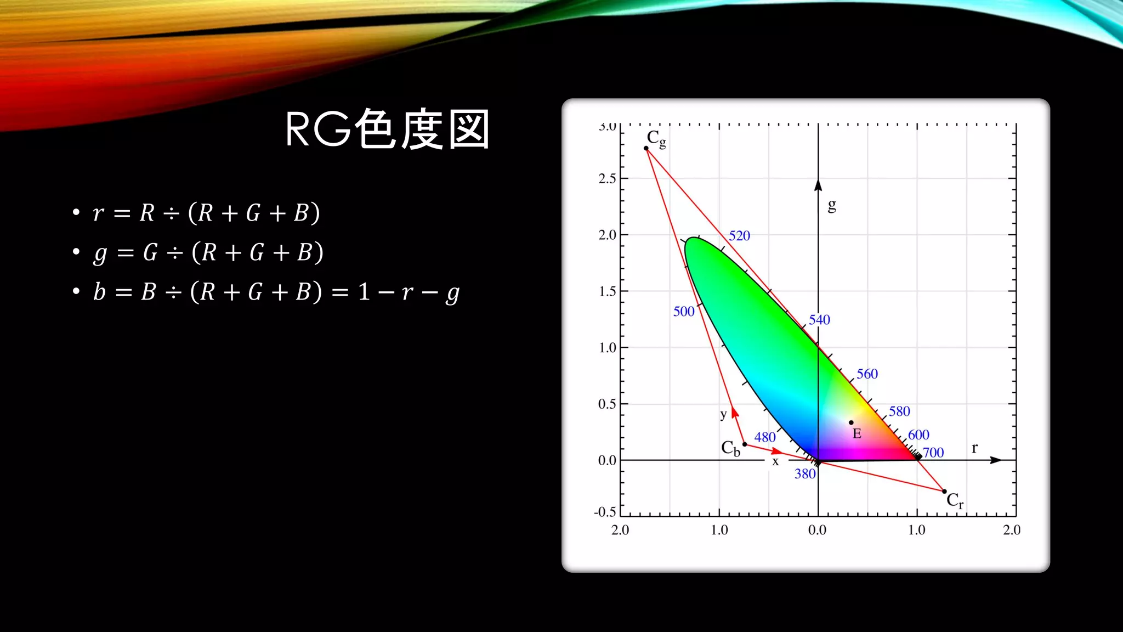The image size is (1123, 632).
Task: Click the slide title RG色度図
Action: click(387, 129)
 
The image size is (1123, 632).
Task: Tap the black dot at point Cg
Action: click(646, 148)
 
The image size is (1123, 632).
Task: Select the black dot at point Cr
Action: click(944, 491)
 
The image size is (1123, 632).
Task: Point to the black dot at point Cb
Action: click(745, 444)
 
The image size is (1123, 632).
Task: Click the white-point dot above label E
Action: click(851, 422)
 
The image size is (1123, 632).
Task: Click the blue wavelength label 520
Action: click(739, 236)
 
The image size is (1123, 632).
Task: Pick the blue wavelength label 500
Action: click(684, 312)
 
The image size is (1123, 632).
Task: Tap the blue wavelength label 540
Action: click(819, 320)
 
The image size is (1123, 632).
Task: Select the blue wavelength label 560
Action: click(867, 374)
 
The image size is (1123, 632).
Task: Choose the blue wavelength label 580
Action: click(899, 411)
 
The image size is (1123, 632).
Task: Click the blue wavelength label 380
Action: click(805, 474)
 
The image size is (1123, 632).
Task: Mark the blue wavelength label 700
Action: click(933, 453)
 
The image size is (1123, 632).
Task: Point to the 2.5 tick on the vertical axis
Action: click(607, 179)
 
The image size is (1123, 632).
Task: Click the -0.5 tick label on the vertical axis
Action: click(605, 512)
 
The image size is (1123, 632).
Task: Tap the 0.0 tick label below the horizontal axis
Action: click(817, 530)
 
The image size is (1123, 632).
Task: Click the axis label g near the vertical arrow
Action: click(832, 206)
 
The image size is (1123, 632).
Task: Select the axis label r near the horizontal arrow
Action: click(974, 448)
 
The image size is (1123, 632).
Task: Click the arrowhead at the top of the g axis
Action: click(818, 185)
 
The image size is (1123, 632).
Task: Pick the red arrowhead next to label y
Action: click(735, 411)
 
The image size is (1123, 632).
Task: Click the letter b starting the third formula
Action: click(99, 292)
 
